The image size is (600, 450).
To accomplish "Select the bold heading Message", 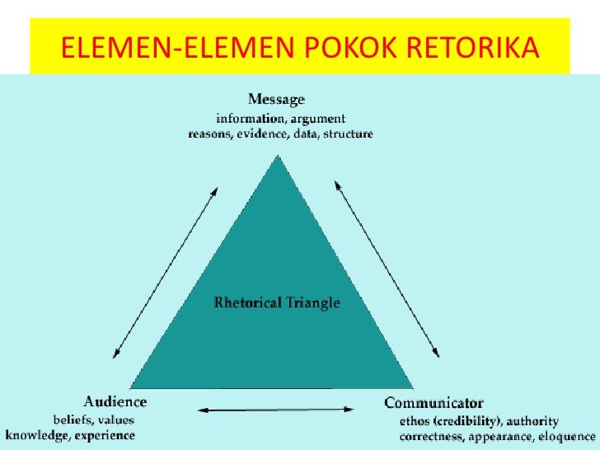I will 277,100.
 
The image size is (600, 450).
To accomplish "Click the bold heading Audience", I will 115,402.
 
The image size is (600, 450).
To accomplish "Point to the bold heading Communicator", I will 434,403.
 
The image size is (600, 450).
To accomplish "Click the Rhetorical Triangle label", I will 277,302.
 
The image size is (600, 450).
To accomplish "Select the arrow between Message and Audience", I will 165,272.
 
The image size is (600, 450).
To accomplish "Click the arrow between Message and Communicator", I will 386,269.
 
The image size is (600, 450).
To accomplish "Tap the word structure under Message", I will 349,134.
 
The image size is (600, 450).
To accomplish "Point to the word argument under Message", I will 316,119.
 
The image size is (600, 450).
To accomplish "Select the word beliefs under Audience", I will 72,420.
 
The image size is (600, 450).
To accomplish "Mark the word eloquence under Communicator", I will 560,435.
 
